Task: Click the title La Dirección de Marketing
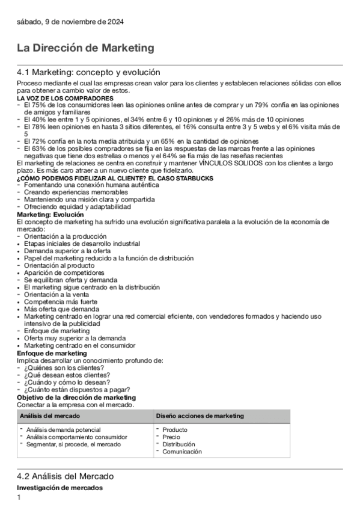coord(85,48)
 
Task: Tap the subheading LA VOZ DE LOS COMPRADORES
coord(65,98)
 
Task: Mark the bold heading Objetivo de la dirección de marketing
coord(76,398)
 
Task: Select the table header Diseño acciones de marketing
coord(200,416)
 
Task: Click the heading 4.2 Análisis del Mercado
coord(65,476)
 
